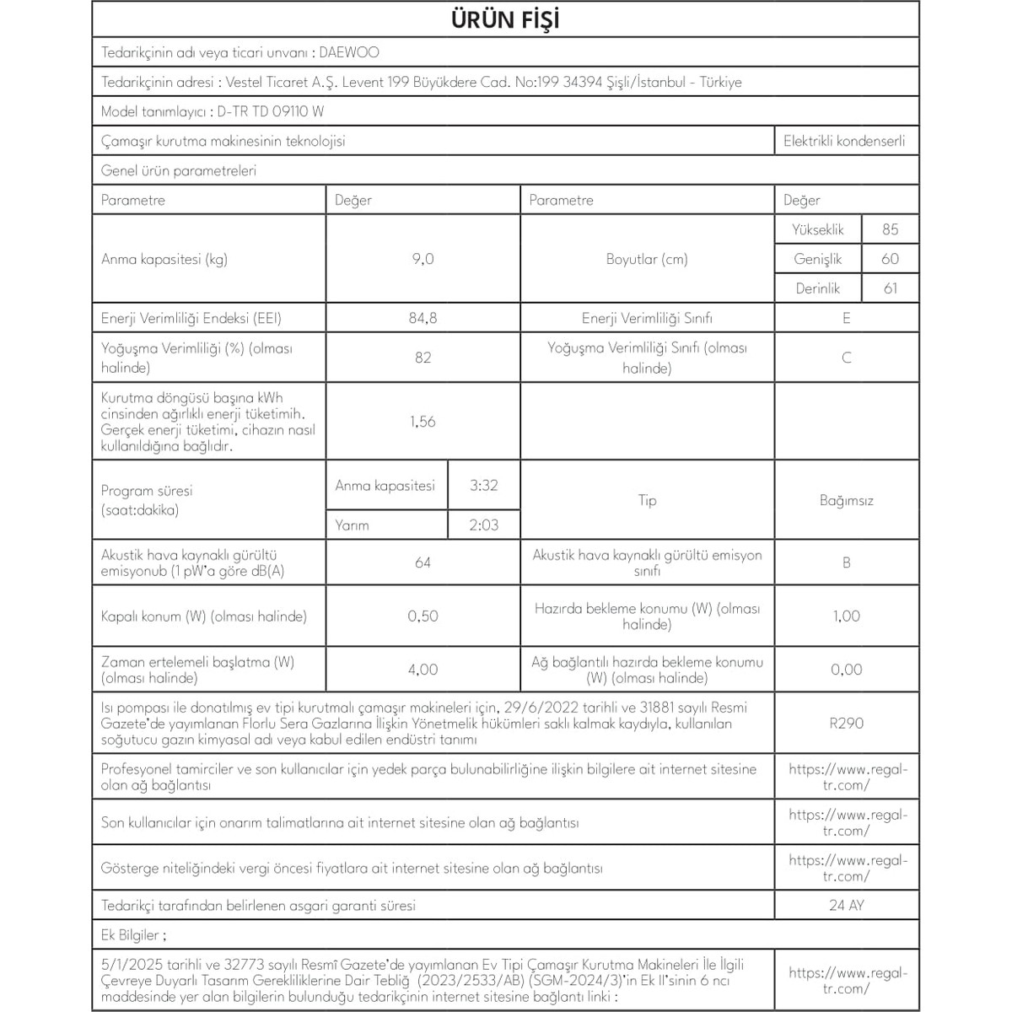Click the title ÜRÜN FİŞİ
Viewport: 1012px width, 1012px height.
click(505, 20)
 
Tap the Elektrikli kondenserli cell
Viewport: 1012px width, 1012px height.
click(844, 141)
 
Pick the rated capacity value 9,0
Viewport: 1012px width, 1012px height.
click(423, 259)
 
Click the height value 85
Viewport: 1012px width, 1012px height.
click(890, 229)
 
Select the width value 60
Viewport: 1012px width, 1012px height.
click(890, 259)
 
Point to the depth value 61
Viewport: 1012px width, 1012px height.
click(890, 288)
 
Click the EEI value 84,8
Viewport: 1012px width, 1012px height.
click(423, 318)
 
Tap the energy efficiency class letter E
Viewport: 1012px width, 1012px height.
click(846, 318)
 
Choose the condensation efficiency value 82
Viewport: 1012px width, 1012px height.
click(423, 358)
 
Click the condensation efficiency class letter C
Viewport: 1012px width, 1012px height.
click(846, 358)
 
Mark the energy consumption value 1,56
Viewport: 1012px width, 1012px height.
click(423, 422)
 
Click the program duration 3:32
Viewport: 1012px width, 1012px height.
click(484, 486)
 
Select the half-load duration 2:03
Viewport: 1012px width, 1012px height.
click(484, 525)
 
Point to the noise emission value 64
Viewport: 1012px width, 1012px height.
click(423, 563)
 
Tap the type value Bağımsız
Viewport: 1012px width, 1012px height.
click(846, 500)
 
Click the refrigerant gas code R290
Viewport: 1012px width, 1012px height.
click(846, 723)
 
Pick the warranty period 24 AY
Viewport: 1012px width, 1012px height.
click(846, 906)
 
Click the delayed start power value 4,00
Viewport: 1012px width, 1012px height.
click(423, 670)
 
